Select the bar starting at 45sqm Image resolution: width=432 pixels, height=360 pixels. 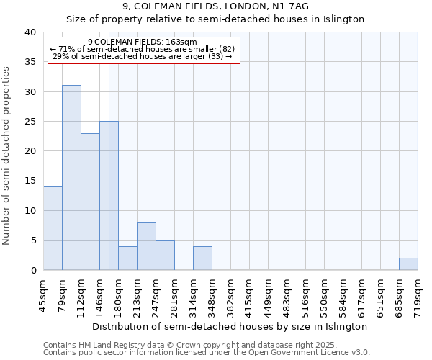pos(53,228)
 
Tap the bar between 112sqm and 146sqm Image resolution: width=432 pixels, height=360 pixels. pos(90,202)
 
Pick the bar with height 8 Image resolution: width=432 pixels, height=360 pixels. pos(146,246)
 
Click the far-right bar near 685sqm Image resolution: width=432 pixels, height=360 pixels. pos(408,264)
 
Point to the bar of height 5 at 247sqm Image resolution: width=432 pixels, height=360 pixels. pos(165,256)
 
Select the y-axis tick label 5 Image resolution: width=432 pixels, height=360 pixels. pos(33,240)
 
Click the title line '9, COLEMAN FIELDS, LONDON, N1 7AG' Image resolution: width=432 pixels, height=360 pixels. pos(216,6)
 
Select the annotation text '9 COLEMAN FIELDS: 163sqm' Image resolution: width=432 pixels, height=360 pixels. pos(142,42)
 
